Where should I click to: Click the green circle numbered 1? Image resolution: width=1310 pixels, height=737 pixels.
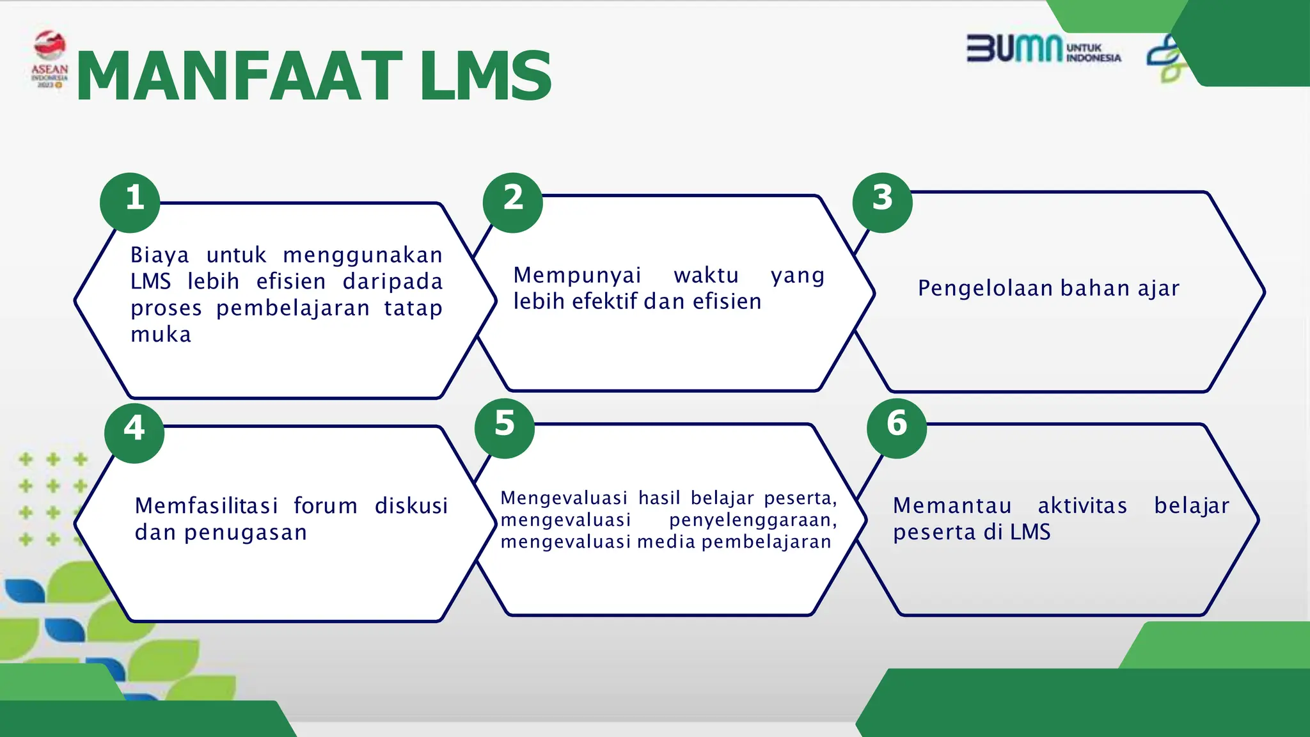pyautogui.click(x=130, y=202)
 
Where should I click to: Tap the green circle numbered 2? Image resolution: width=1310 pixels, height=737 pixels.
pyautogui.click(x=512, y=202)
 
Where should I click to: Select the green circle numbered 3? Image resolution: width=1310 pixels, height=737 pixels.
pyautogui.click(x=882, y=202)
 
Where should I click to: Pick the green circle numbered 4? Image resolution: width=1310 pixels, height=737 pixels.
pyautogui.click(x=134, y=432)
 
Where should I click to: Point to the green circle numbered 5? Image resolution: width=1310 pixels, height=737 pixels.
pyautogui.click(x=505, y=428)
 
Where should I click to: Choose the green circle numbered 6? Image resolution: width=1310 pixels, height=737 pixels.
pyautogui.click(x=897, y=428)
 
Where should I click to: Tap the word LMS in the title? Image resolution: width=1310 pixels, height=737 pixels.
pyautogui.click(x=486, y=77)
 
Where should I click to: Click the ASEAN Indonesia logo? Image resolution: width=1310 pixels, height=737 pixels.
pyautogui.click(x=49, y=59)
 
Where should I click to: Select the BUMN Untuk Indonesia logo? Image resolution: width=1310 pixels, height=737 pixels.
pyautogui.click(x=1043, y=49)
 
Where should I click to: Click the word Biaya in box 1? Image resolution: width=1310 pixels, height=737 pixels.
pyautogui.click(x=160, y=255)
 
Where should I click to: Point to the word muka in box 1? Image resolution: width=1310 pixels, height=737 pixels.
pyautogui.click(x=161, y=335)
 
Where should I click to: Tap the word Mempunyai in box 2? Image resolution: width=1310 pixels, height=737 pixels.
pyautogui.click(x=577, y=275)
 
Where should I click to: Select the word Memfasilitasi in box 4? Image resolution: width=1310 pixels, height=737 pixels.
pyautogui.click(x=206, y=505)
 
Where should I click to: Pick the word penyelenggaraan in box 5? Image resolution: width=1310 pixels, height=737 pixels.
pyautogui.click(x=753, y=520)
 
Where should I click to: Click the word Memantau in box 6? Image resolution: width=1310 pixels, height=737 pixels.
pyautogui.click(x=952, y=505)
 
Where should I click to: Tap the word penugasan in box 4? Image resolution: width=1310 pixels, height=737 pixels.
pyautogui.click(x=246, y=532)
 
